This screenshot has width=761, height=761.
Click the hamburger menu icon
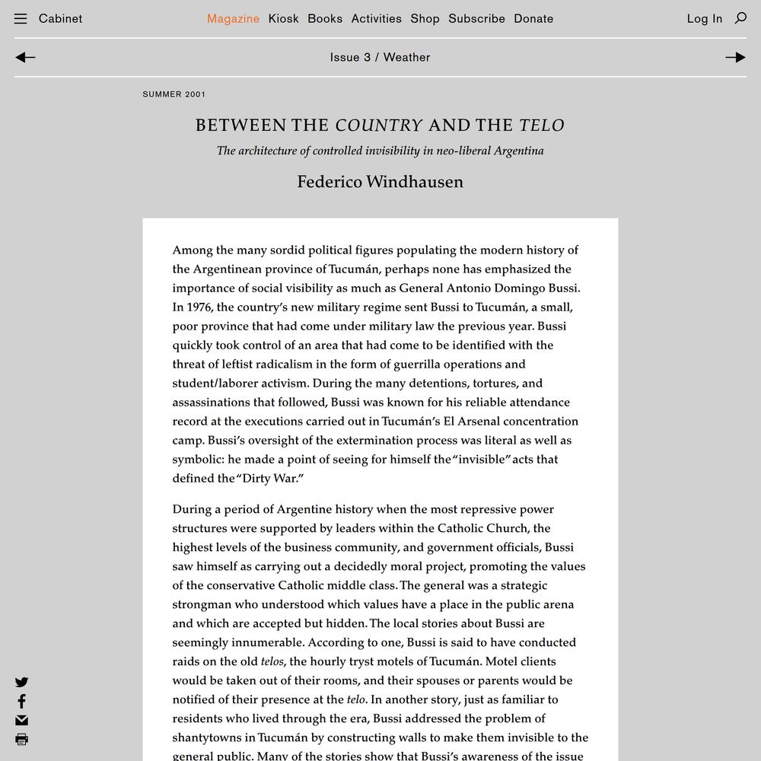[21, 19]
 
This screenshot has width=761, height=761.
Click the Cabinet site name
[60, 18]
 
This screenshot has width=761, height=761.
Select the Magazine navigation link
[233, 18]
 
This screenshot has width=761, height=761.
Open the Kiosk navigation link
[283, 18]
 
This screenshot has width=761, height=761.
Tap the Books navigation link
[325, 18]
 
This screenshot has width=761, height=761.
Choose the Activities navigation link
[376, 18]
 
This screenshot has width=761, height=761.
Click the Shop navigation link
[425, 18]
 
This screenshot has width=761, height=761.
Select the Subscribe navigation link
[476, 18]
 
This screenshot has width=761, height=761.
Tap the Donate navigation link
[533, 18]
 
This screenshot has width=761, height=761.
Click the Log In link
[704, 18]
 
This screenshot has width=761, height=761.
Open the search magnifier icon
[740, 18]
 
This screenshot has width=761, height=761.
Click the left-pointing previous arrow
[25, 57]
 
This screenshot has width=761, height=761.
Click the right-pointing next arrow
[735, 57]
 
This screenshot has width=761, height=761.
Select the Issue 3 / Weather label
[380, 57]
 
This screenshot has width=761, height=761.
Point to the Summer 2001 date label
[174, 94]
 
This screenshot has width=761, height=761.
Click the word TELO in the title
[542, 126]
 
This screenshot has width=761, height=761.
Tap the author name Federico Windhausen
[380, 182]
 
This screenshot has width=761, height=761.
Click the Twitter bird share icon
[21, 683]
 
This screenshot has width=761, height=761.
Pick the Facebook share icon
[21, 701]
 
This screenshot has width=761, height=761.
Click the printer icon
[21, 739]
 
